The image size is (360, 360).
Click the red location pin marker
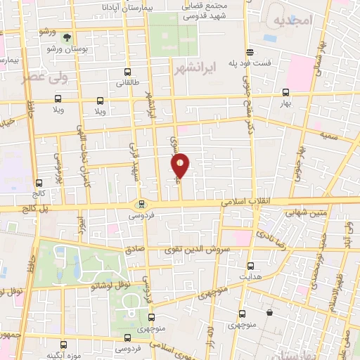coord(181,166)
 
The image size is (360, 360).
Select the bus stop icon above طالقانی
coord(127,72)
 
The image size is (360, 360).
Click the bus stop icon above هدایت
coord(252,266)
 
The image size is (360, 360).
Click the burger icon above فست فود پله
coord(249,52)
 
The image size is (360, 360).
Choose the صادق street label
coord(133,249)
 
